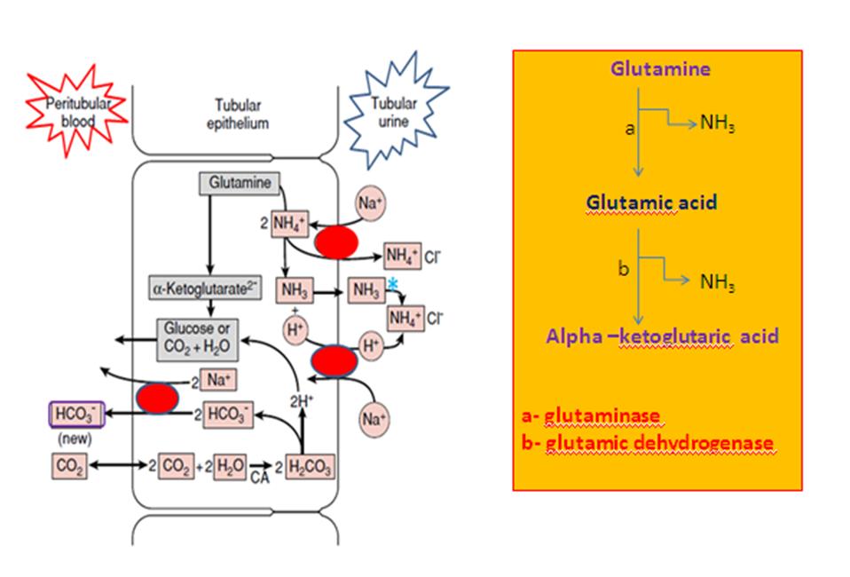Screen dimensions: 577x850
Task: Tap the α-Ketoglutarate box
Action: pos(203,288)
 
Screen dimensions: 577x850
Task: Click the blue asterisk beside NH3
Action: pos(391,283)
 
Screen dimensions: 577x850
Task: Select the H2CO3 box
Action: pos(308,465)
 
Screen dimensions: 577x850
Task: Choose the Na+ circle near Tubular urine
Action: pos(371,203)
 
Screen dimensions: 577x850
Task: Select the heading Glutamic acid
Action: pos(650,203)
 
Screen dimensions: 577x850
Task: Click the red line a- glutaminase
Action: pos(594,416)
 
